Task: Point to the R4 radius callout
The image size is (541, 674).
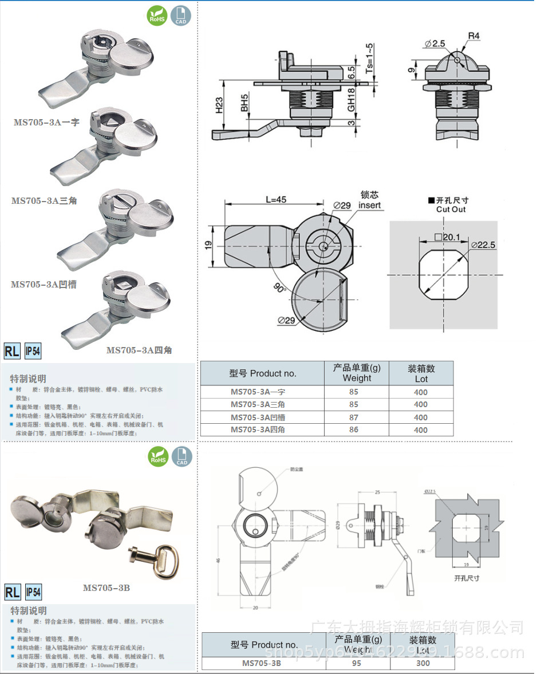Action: tap(473, 36)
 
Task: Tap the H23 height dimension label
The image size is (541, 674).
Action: tap(219, 106)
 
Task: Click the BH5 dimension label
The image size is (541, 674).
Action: tap(244, 104)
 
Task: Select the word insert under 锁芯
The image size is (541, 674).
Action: tap(369, 206)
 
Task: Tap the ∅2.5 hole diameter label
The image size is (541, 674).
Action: tap(435, 44)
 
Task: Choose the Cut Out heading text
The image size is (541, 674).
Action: tap(451, 209)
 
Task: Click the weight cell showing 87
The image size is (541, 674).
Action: tap(354, 417)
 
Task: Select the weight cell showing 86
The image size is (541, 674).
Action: tap(354, 429)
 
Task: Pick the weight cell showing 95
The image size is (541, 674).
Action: tap(357, 664)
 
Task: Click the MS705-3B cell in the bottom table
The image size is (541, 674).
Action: tap(261, 664)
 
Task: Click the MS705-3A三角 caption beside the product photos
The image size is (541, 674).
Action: tap(44, 200)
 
